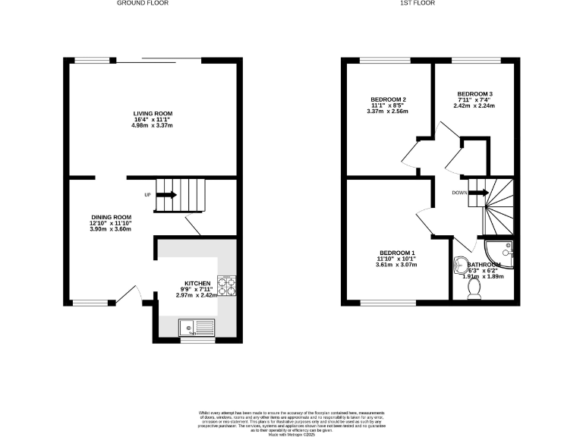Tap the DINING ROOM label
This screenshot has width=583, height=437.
click(111, 217)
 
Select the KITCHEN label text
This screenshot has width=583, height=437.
click(197, 284)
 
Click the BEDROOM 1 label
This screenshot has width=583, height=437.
click(398, 253)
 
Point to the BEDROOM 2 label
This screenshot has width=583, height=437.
click(389, 99)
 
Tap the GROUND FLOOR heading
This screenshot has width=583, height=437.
click(142, 3)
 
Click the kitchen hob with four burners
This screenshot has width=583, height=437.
click(226, 285)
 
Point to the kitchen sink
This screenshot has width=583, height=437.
click(197, 328)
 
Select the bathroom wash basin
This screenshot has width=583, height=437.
click(459, 266)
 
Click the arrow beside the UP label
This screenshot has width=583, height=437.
click(167, 195)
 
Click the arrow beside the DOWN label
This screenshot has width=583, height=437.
click(478, 193)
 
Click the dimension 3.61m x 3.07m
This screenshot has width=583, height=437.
click(398, 265)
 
